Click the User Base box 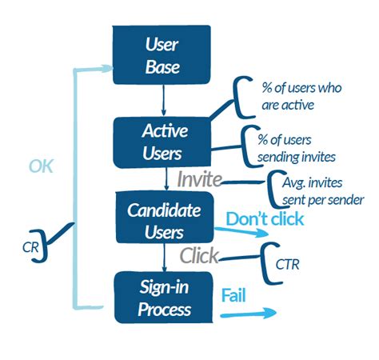[163, 56]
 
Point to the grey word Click [199, 257]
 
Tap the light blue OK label [42, 166]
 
